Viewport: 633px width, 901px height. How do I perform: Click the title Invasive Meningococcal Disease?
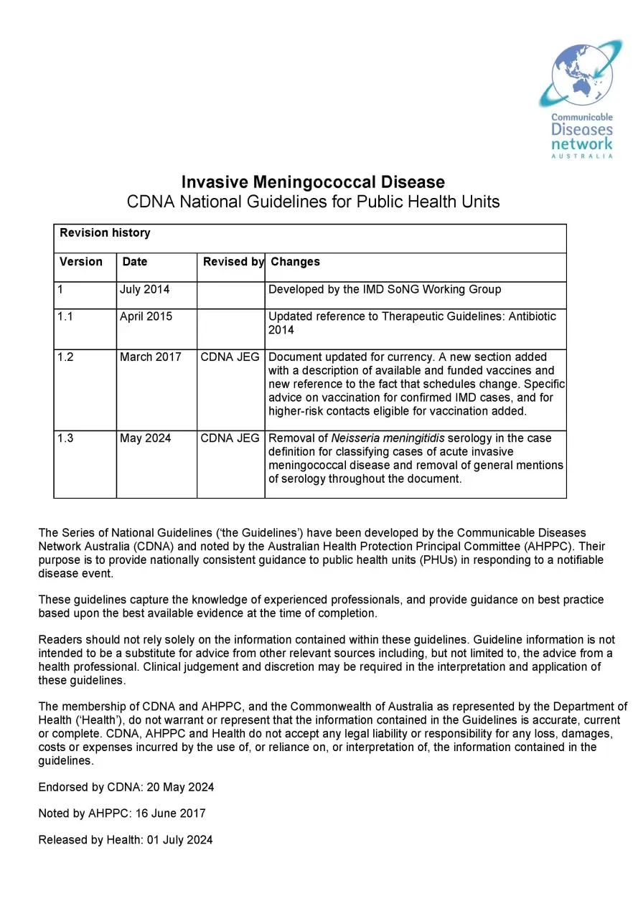click(x=313, y=182)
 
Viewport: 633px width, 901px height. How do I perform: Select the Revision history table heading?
click(x=105, y=233)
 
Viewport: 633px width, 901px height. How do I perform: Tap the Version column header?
click(x=81, y=262)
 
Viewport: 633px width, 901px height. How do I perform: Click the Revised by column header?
click(x=233, y=262)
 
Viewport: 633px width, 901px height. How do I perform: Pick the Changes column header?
click(x=295, y=262)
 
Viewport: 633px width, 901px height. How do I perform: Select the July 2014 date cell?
click(x=144, y=290)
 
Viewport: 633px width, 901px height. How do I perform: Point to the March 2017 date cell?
click(x=151, y=357)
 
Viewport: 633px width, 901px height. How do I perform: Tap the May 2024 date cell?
click(x=146, y=438)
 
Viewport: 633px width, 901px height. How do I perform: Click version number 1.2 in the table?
click(x=65, y=357)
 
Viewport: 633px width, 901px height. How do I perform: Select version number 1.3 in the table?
click(x=65, y=438)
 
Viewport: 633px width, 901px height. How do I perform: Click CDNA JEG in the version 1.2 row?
click(x=230, y=357)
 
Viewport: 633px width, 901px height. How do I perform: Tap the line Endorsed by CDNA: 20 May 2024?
click(x=126, y=788)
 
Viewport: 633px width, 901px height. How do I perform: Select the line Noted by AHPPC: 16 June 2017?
click(x=122, y=813)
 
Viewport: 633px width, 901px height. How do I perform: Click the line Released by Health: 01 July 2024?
click(x=126, y=840)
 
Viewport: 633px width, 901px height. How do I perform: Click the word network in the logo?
click(x=582, y=143)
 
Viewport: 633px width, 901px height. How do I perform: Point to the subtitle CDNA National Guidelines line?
click(x=313, y=202)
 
